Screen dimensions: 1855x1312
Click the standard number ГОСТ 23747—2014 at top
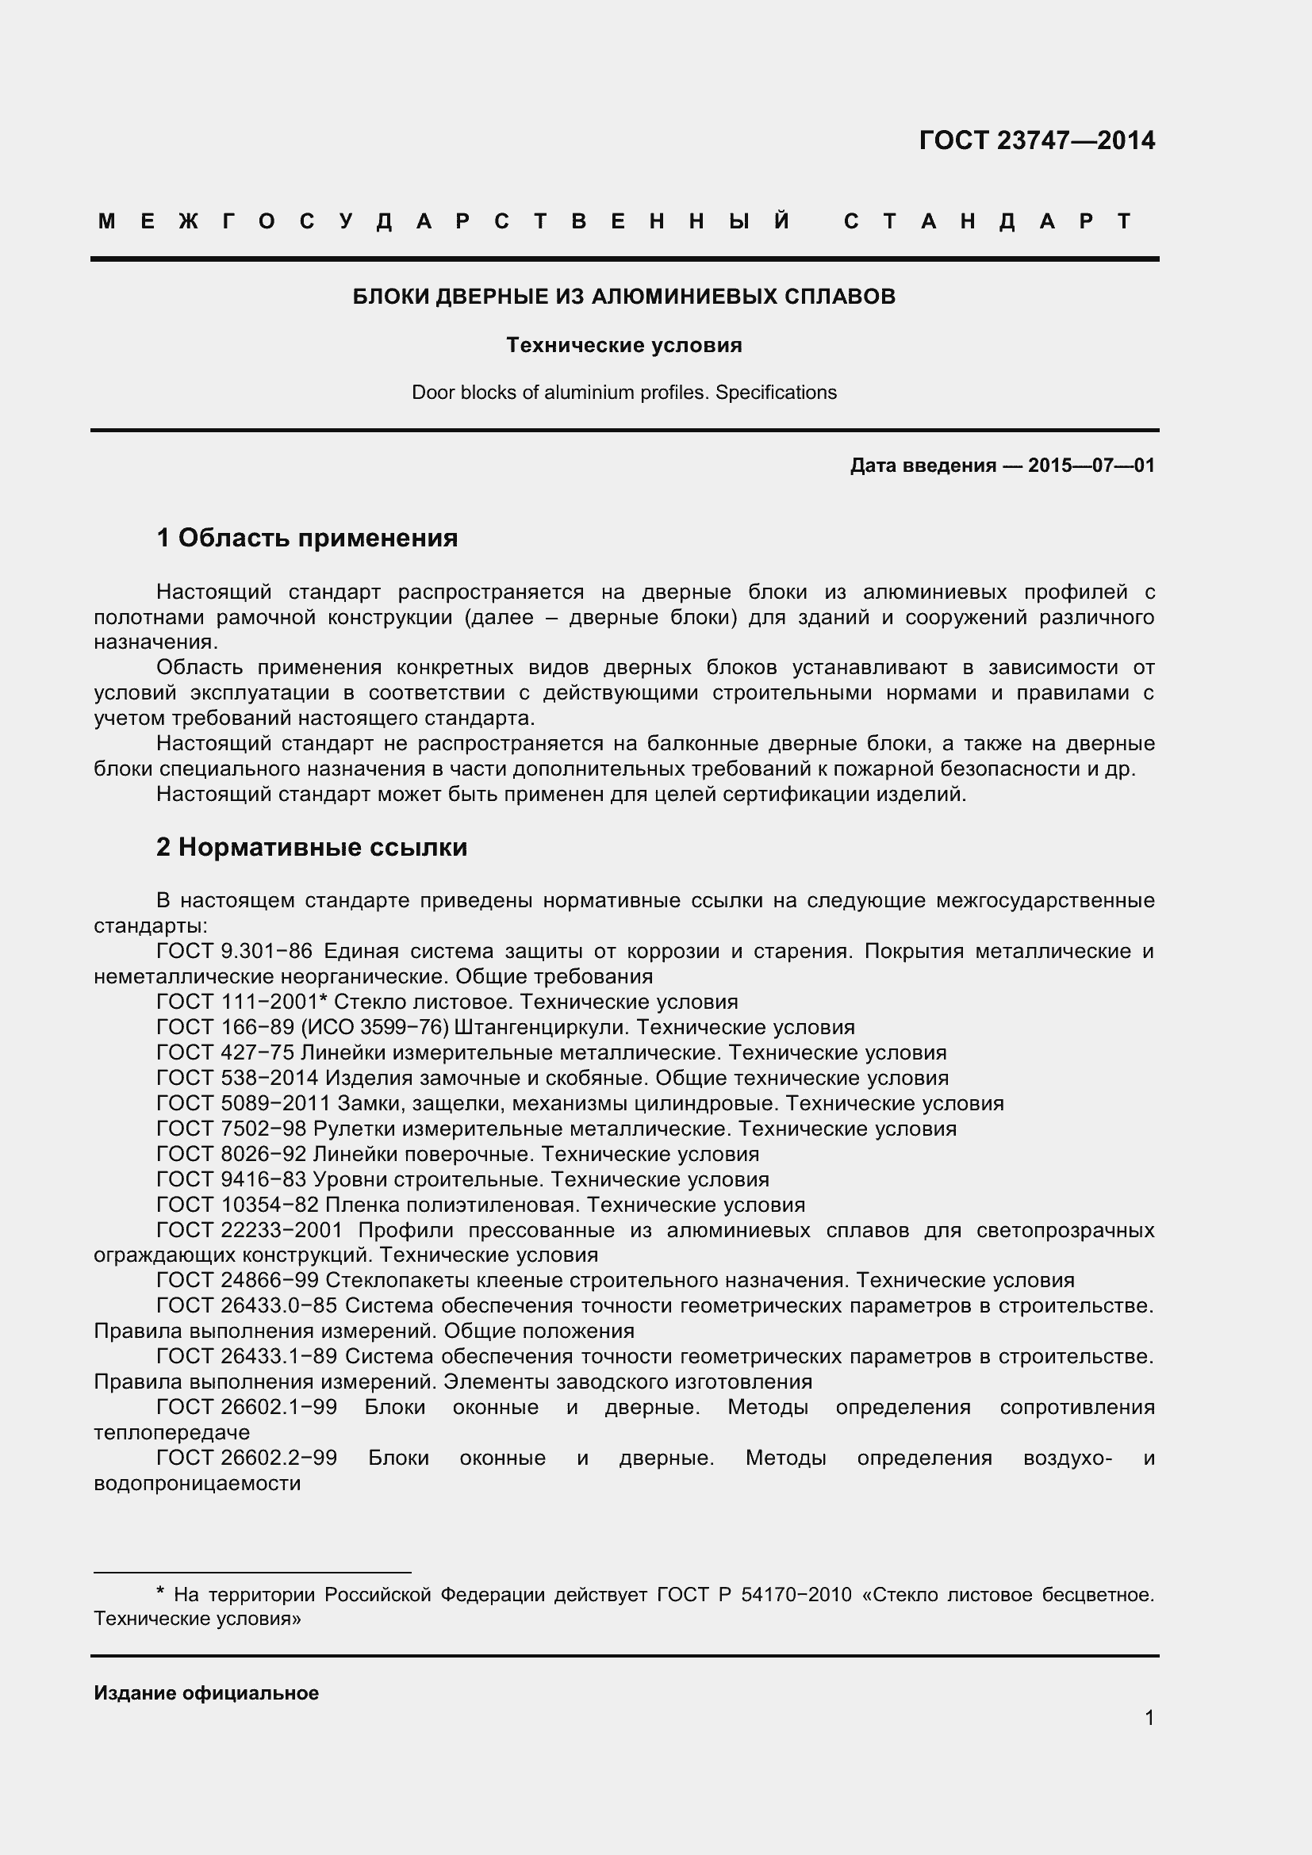(1037, 140)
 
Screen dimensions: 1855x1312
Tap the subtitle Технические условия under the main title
(623, 346)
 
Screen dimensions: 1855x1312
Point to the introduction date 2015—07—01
(1091, 466)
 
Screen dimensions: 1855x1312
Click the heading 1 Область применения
(307, 538)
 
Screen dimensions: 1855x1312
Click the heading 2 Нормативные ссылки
(312, 848)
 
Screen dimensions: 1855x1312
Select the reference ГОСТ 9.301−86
(233, 952)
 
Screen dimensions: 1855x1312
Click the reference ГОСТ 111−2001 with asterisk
(241, 1002)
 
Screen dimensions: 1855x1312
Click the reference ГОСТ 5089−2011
(244, 1104)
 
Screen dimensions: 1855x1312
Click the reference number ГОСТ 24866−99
(236, 1282)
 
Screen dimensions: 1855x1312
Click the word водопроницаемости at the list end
(198, 1484)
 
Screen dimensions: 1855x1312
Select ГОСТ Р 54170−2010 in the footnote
(754, 1595)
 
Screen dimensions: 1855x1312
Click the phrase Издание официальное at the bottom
(206, 1693)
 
